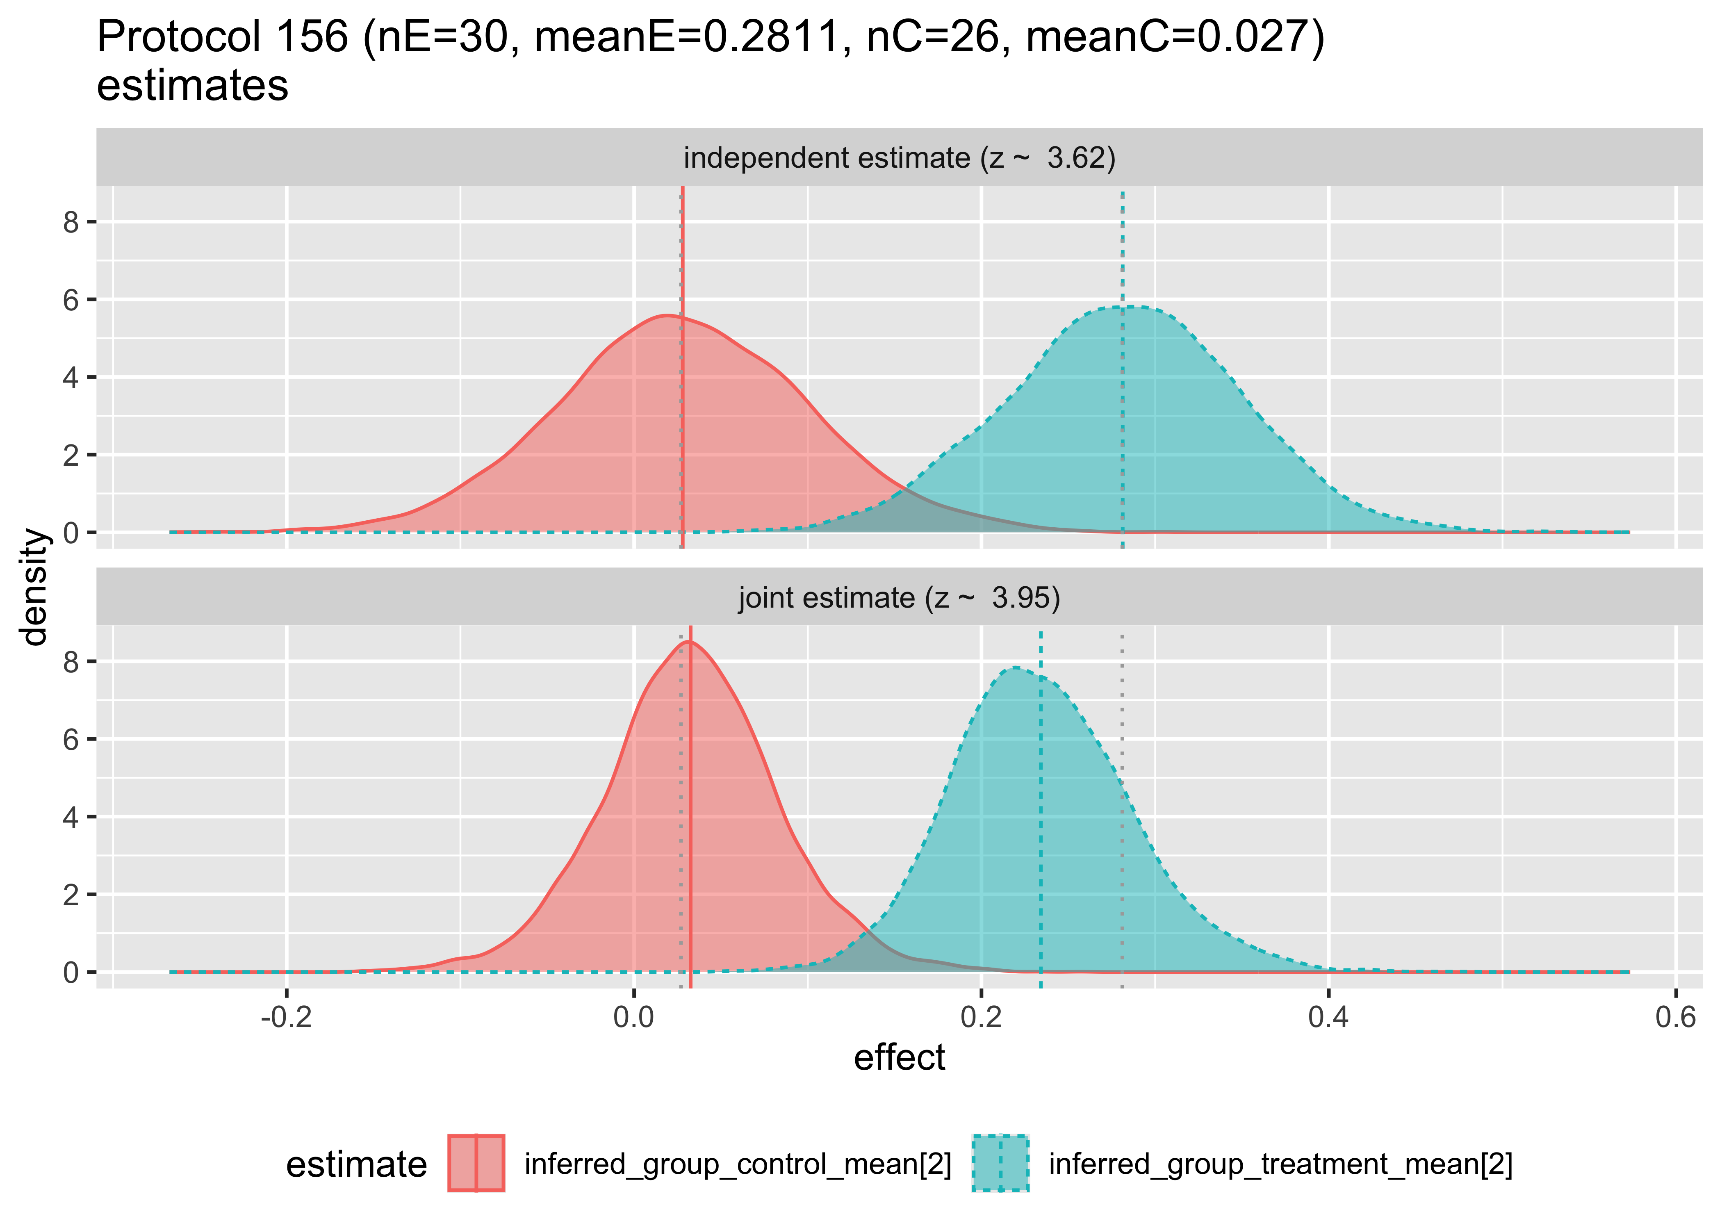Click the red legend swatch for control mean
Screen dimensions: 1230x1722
(476, 1163)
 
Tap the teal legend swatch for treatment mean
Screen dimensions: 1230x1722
(1000, 1163)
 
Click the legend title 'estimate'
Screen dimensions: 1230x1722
(356, 1164)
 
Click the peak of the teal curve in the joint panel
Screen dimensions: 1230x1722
(1013, 667)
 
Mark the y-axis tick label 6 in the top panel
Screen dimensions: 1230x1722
(71, 300)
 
